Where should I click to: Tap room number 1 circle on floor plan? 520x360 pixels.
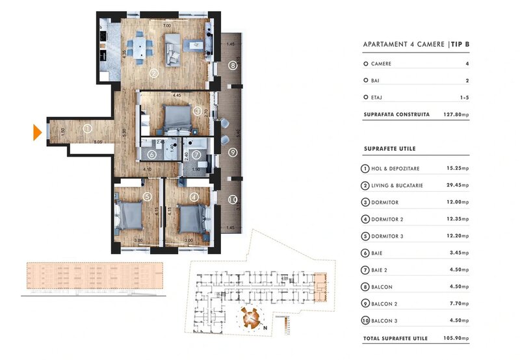click(87, 129)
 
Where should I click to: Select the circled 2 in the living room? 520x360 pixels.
click(154, 73)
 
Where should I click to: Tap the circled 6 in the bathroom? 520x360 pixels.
click(151, 155)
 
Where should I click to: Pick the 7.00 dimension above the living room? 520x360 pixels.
click(167, 25)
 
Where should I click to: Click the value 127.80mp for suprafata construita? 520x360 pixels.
click(456, 114)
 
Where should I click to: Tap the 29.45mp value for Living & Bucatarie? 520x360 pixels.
click(458, 185)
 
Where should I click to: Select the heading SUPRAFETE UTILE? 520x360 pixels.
click(389, 149)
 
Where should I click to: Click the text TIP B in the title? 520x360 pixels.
click(460, 45)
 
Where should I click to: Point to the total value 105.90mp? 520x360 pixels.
click(455, 339)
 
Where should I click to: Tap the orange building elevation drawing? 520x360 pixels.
click(91, 277)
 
